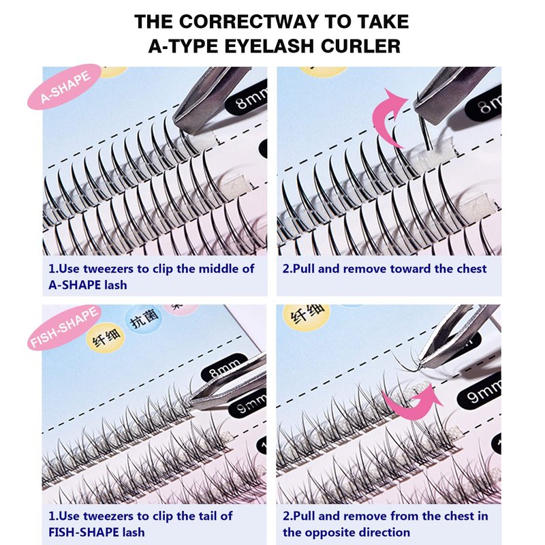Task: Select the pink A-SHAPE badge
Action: pos(65,87)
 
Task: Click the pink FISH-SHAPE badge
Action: pos(65,328)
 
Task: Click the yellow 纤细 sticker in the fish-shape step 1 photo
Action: pos(106,338)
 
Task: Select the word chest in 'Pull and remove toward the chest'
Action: pos(470,268)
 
